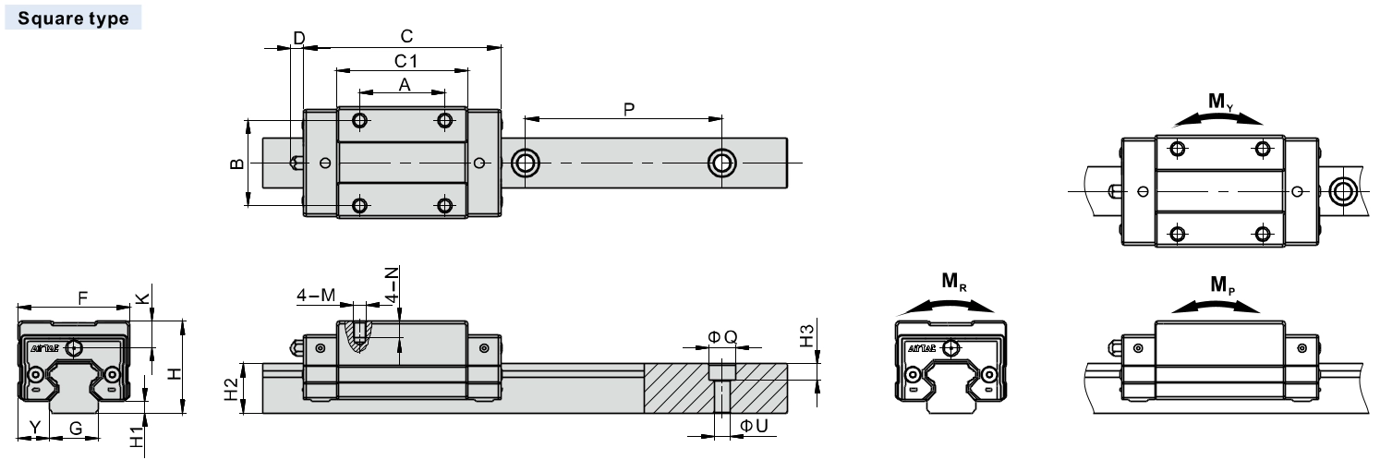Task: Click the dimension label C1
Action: (404, 60)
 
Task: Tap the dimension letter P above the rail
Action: (628, 109)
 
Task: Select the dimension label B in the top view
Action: (236, 163)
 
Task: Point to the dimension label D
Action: (298, 37)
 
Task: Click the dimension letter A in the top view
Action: (404, 84)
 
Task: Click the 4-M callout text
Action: (315, 296)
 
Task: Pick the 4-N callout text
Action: (392, 285)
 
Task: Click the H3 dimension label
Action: (807, 335)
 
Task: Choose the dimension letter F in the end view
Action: (82, 298)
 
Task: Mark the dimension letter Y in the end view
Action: (34, 427)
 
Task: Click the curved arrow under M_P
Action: (1218, 306)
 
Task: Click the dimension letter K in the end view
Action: (141, 298)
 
